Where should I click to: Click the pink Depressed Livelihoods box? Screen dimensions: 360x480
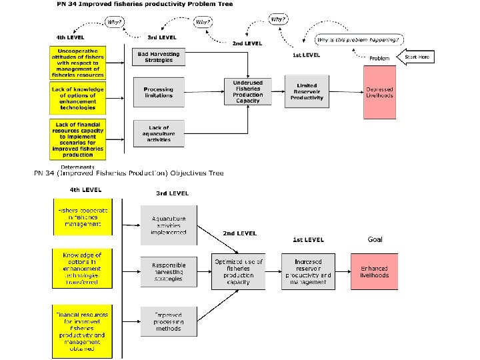point(380,92)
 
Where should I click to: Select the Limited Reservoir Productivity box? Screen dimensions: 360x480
point(307,92)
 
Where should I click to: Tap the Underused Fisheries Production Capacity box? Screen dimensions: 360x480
point(247,92)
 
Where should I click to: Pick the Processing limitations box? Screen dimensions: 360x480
point(158,92)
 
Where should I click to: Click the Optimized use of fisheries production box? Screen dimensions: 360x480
point(238,272)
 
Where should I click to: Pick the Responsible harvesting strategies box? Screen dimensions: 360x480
point(169,272)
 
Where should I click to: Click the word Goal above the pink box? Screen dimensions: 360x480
point(375,239)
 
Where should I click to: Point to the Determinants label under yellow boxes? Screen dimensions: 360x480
point(77,167)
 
